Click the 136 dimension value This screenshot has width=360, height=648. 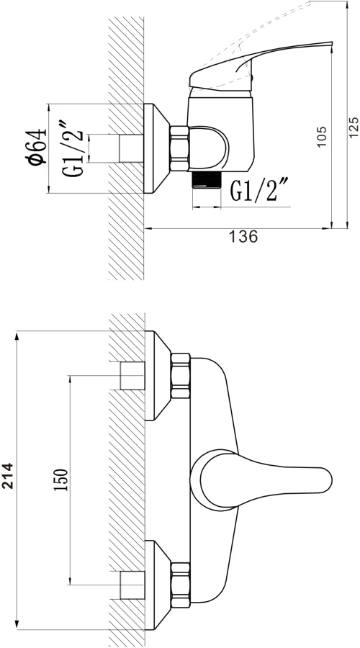pyautogui.click(x=243, y=237)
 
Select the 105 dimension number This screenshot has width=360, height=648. pyautogui.click(x=322, y=136)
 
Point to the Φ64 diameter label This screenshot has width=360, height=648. pyautogui.click(x=37, y=147)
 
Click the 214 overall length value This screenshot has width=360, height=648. pyautogui.click(x=8, y=476)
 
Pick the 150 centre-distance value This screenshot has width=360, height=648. pyautogui.click(x=60, y=480)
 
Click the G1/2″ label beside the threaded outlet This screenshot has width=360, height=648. pyautogui.click(x=258, y=190)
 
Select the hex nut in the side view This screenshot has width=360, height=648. pyautogui.click(x=179, y=148)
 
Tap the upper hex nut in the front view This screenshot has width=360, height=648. pyautogui.click(x=181, y=376)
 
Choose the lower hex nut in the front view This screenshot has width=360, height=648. pyautogui.click(x=181, y=585)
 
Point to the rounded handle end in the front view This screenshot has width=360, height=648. pyautogui.click(x=327, y=480)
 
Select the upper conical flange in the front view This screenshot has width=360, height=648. pyautogui.click(x=158, y=376)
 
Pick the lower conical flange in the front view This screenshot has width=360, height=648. pyautogui.click(x=158, y=585)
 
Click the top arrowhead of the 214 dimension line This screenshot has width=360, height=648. pyautogui.click(x=17, y=335)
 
